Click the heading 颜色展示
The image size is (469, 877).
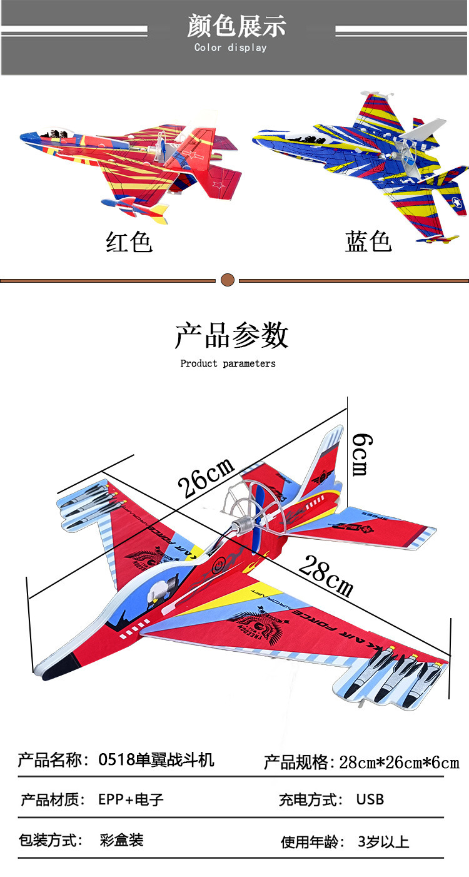pos(236,26)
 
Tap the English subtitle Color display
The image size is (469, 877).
pos(230,48)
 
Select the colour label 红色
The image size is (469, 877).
pos(129,241)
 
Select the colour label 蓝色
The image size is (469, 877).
pos(368,241)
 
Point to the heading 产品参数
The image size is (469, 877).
pos(231,335)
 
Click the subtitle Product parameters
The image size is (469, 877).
pos(228,363)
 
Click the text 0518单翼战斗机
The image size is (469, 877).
pos(156,760)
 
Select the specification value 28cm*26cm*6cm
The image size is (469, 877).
pos(399,763)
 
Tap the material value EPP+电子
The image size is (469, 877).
pos(131,799)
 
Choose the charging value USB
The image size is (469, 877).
pos(370,799)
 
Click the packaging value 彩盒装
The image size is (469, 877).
pos(121,840)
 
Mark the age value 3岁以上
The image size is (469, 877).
pos(383,842)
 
